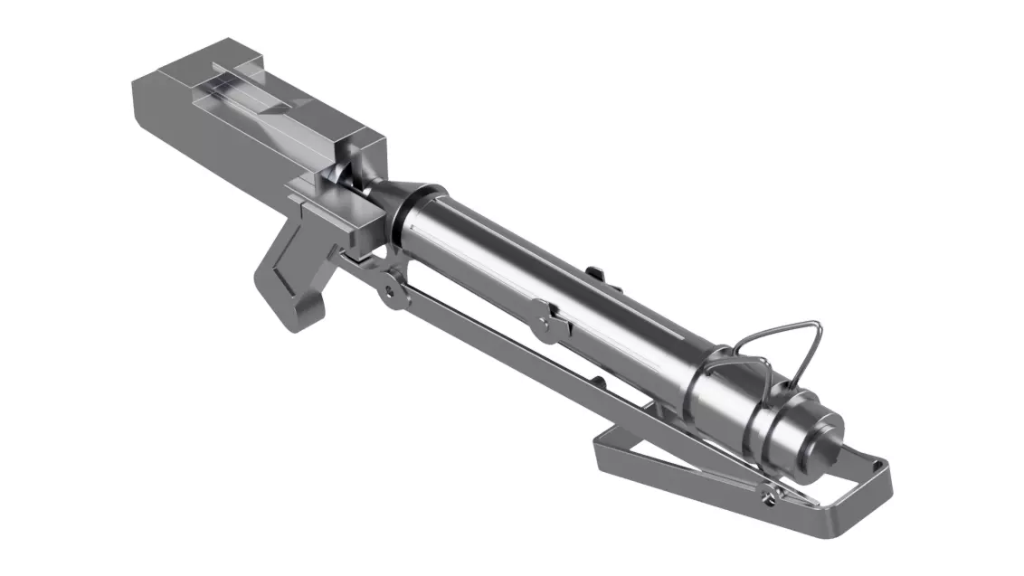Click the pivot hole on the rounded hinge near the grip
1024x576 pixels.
390,291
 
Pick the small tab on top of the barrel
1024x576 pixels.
595,271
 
